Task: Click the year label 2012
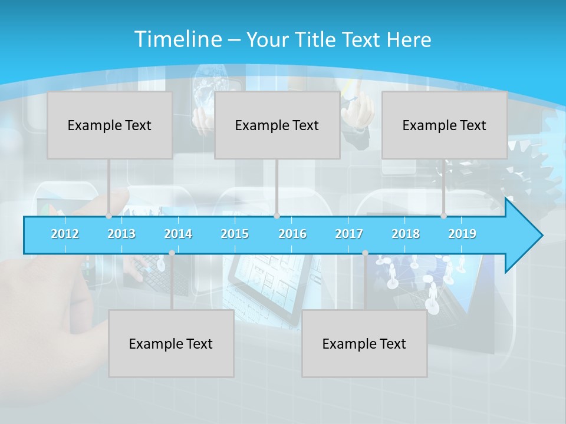coord(65,234)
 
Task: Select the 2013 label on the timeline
coord(121,234)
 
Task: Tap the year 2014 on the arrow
coord(178,234)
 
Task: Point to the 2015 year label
coord(235,234)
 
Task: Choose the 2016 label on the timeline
coord(292,234)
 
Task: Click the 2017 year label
coord(349,234)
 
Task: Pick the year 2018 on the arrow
coord(406,234)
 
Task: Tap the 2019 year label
coord(462,234)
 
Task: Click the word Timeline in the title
coord(177,39)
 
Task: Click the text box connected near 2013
coord(110,125)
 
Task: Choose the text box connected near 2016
coord(277,125)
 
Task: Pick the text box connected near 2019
coord(445,125)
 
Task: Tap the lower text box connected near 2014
coord(171,343)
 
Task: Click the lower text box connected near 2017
coord(364,343)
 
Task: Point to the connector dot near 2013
coord(109,216)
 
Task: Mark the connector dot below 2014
coord(172,253)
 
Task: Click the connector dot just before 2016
coord(277,216)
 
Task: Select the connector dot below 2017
coord(365,253)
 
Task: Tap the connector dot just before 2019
coord(444,216)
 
